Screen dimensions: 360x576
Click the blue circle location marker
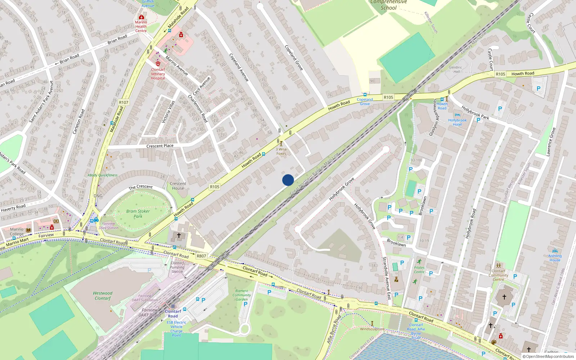tap(288, 180)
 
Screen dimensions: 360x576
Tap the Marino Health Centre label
tap(141, 26)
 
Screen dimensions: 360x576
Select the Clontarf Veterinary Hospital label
tap(158, 74)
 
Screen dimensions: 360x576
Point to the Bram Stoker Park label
tap(138, 214)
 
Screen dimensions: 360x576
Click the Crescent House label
tap(178, 186)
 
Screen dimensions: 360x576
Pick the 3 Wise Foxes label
tap(281, 151)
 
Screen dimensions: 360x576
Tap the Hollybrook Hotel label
tap(457, 122)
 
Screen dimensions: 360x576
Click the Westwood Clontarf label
tap(103, 296)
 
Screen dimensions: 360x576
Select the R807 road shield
tap(201, 256)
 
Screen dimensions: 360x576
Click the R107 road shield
tap(123, 102)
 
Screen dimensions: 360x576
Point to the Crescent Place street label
tap(160, 146)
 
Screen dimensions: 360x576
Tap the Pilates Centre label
tap(419, 270)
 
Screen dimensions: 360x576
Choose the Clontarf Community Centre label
tap(498, 275)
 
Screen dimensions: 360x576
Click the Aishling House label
tap(555, 258)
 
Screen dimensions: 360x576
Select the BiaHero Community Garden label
tap(242, 295)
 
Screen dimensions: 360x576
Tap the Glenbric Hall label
tap(455, 69)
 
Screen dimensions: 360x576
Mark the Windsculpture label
tap(372, 329)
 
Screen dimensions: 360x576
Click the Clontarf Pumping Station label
tap(177, 267)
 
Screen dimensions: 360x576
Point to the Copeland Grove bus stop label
tap(365, 102)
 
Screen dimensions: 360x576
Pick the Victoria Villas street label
tap(168, 112)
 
